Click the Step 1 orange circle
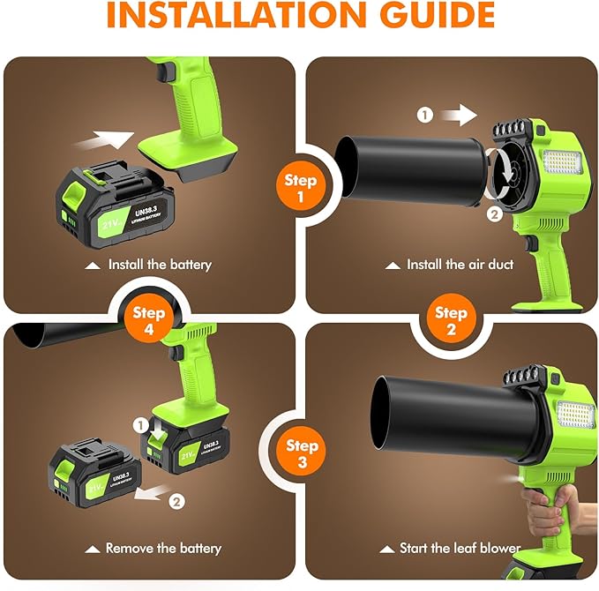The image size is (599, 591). tap(300, 188)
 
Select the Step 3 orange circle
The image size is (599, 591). tap(302, 453)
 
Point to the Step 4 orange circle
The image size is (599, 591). tap(149, 319)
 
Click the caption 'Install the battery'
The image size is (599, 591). tap(151, 264)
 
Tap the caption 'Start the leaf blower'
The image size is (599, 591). tap(452, 548)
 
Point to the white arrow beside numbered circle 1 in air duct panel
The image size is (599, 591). tap(456, 114)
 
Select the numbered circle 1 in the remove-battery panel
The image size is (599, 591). tap(140, 424)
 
